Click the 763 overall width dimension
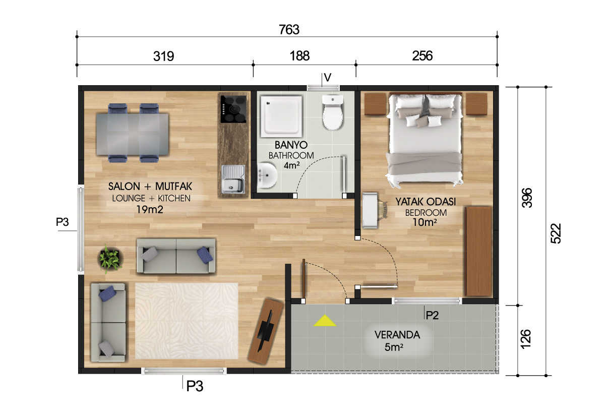click(289, 30)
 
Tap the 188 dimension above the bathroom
click(299, 56)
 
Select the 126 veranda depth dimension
click(525, 339)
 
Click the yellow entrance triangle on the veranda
click(325, 321)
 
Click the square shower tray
click(281, 116)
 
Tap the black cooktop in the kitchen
click(233, 109)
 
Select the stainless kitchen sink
click(233, 179)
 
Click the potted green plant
click(110, 259)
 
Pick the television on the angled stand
click(265, 331)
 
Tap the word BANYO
click(291, 145)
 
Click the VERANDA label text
click(397, 335)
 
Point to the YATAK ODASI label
click(426, 202)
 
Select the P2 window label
click(432, 315)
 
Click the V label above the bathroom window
click(327, 78)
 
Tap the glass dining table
click(132, 134)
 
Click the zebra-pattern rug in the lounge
click(187, 321)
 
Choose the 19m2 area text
click(150, 210)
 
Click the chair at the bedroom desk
click(382, 209)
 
